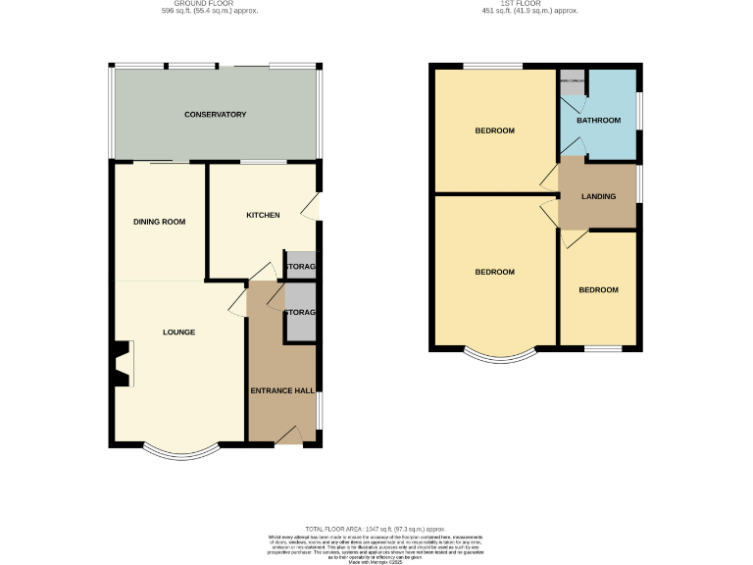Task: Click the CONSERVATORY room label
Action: point(215,115)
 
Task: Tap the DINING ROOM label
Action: point(159,222)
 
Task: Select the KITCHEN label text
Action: point(263,215)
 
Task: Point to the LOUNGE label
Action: point(178,333)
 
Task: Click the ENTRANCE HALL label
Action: point(282,391)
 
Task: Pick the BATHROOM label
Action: point(598,121)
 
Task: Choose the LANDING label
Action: point(598,197)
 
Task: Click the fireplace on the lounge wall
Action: point(121,365)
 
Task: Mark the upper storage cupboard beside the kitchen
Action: point(300,266)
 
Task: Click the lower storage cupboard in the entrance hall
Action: point(300,313)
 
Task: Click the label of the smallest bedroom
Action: point(598,290)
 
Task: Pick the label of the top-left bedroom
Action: point(495,130)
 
